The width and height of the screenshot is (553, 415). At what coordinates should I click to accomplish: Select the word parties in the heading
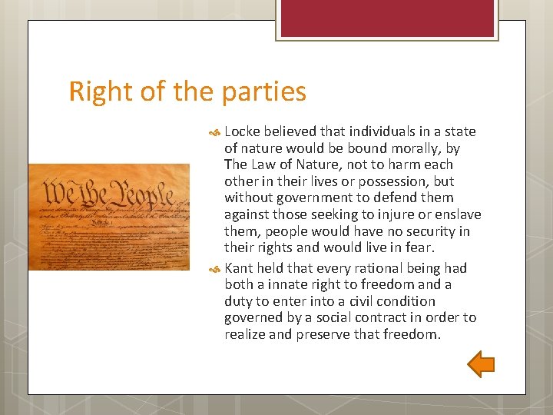point(264,92)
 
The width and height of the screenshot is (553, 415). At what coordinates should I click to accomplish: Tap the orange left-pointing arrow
point(482,364)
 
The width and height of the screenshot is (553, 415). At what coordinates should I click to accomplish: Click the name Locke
point(243,131)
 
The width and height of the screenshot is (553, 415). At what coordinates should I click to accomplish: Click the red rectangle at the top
point(386,18)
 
